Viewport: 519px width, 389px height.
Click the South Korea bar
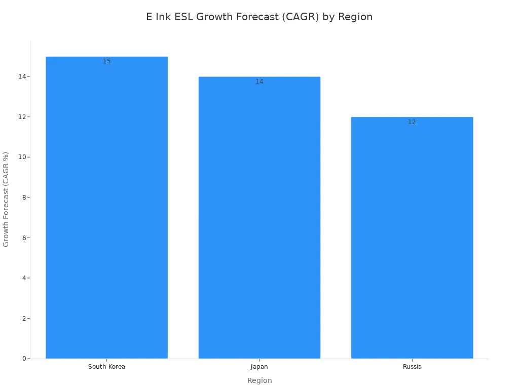pos(106,208)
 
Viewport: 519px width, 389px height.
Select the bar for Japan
pos(259,218)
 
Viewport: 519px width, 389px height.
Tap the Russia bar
pos(412,238)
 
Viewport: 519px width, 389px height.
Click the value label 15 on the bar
pos(106,61)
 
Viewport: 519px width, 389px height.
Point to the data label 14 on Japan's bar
pos(259,82)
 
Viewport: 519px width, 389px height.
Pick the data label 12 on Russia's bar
pos(412,122)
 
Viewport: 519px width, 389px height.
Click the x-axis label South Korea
pos(106,367)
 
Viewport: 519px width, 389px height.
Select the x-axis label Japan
pos(259,367)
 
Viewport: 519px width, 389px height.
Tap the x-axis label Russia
pos(412,367)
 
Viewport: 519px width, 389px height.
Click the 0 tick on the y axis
pos(24,359)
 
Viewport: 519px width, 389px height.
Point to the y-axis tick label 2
pos(24,318)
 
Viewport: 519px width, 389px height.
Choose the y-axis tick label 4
pos(24,278)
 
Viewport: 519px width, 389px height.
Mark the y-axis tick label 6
pos(24,238)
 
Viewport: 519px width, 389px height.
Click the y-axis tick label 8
pos(24,198)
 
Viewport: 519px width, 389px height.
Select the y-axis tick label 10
pos(22,157)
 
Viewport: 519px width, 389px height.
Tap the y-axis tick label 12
pos(22,116)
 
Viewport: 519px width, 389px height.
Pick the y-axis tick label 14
pos(22,76)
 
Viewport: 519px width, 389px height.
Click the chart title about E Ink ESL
pos(259,17)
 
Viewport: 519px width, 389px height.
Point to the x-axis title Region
pos(259,380)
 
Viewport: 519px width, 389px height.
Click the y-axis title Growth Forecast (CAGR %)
pos(6,199)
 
